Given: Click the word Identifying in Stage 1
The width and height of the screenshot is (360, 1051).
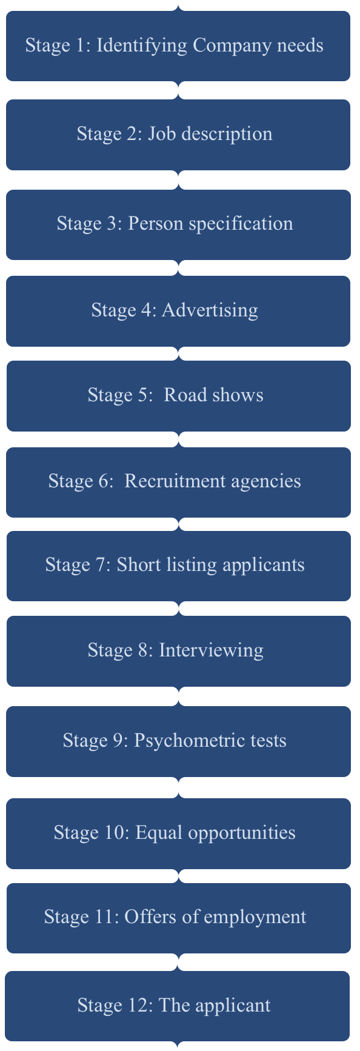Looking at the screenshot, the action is point(142,46).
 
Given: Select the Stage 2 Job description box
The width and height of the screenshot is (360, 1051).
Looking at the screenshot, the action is point(178,135).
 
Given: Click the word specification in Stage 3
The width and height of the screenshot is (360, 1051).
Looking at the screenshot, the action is point(241,224).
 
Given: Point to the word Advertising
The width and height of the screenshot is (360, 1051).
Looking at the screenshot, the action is point(210,310).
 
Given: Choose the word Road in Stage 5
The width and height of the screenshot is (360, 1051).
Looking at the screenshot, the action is point(182,395).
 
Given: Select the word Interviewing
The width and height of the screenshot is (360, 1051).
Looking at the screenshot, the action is point(211,651).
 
